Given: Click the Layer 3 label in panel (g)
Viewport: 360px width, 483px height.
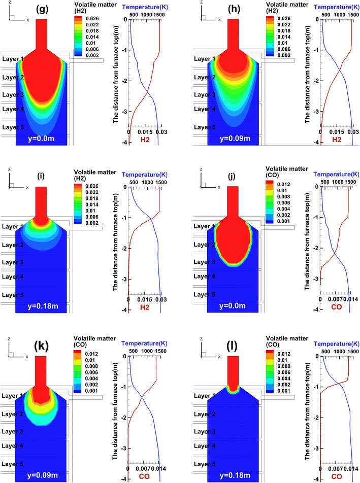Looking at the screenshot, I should [x=13, y=95].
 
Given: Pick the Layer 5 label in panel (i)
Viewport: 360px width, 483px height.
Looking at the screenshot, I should [x=13, y=295].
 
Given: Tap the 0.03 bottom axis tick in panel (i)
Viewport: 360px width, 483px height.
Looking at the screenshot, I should [x=160, y=299].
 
